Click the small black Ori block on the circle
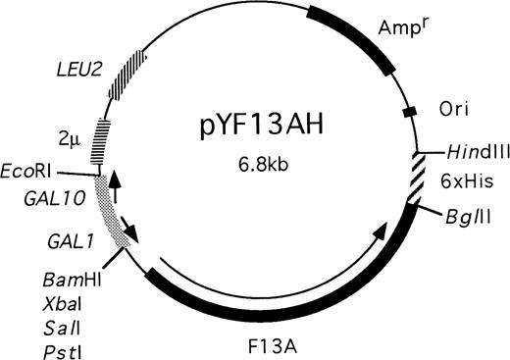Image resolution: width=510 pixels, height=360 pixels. click(411, 114)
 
